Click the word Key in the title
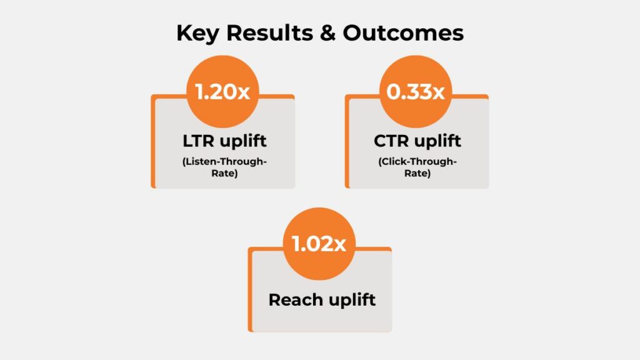(x=196, y=33)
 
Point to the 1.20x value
(x=222, y=92)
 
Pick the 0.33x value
(x=416, y=92)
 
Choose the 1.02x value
(x=319, y=244)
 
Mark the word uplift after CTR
(x=437, y=141)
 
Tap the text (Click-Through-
(x=417, y=162)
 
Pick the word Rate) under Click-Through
(x=417, y=174)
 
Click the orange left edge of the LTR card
(x=152, y=144)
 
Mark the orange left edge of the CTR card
(x=346, y=144)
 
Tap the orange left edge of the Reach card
(x=250, y=294)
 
